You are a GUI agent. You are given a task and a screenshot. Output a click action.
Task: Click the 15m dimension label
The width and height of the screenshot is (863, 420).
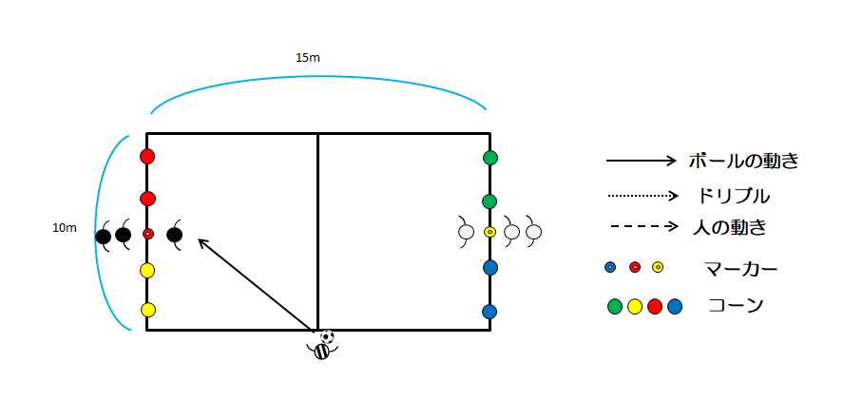coord(307,57)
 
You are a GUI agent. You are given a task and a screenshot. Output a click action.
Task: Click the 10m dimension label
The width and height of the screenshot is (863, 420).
coord(65,228)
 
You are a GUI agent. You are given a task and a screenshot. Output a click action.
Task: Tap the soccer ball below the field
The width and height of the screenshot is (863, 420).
coord(327,336)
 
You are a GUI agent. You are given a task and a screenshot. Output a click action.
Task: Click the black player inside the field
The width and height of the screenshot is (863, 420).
coord(175,235)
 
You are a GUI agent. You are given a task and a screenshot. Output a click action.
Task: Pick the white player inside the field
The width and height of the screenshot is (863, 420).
coord(466,232)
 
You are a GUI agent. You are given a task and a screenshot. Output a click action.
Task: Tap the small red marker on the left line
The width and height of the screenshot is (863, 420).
coord(147,234)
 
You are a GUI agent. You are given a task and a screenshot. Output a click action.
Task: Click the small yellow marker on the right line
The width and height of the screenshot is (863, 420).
coord(489,232)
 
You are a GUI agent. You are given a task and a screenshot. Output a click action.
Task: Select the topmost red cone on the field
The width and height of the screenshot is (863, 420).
coord(147,157)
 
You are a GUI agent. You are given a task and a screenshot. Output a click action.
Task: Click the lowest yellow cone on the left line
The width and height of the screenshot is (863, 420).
coord(147,310)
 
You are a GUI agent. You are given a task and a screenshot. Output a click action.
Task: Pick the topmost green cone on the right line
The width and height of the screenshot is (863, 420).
coord(490,158)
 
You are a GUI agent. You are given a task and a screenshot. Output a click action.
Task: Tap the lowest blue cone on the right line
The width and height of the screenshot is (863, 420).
coord(489,312)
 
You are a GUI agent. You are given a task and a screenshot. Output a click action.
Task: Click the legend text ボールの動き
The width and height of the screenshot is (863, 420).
coord(743,161)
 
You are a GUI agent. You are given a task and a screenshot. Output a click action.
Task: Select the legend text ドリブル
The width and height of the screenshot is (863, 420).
coord(733,196)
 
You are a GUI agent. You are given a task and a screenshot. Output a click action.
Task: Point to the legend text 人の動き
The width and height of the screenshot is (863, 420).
coord(729,227)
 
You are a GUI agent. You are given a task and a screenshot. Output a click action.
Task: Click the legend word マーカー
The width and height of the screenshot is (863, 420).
coord(740,269)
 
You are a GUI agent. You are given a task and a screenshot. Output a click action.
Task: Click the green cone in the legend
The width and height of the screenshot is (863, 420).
coord(615,307)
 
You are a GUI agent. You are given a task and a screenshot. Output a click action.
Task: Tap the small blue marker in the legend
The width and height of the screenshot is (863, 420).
coord(610,268)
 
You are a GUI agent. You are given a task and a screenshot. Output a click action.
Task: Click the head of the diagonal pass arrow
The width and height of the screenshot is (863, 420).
coord(199,239)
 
